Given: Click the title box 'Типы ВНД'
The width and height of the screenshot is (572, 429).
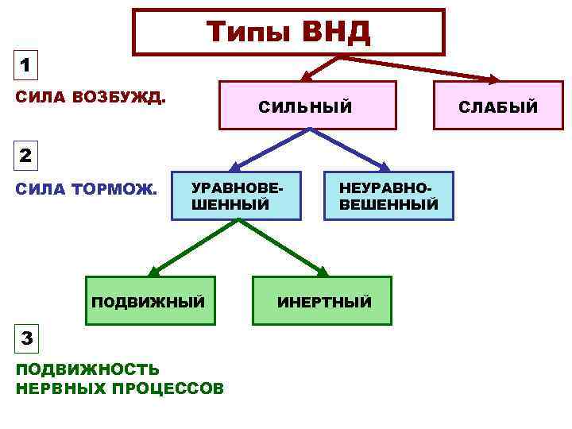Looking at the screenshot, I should pyautogui.click(x=288, y=32).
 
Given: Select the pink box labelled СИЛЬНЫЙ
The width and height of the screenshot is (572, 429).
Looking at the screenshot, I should pyautogui.click(x=307, y=105).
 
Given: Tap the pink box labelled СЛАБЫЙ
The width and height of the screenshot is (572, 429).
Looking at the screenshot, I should pyautogui.click(x=497, y=105).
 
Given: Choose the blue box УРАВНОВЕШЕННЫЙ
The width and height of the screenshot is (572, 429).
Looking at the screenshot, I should pyautogui.click(x=237, y=195).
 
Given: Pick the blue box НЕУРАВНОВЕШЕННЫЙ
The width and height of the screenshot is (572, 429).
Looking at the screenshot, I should pyautogui.click(x=388, y=195).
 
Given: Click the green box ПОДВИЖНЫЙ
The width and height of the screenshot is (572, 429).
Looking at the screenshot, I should pyautogui.click(x=150, y=301).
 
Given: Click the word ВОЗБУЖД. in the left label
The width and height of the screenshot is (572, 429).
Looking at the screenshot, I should pyautogui.click(x=118, y=99).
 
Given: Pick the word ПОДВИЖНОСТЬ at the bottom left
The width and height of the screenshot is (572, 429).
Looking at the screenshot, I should pyautogui.click(x=87, y=369).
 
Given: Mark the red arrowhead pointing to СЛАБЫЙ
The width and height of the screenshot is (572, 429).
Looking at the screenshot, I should pyautogui.click(x=493, y=79).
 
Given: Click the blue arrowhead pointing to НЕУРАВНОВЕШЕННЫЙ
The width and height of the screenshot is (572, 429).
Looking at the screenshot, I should pyautogui.click(x=384, y=168).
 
